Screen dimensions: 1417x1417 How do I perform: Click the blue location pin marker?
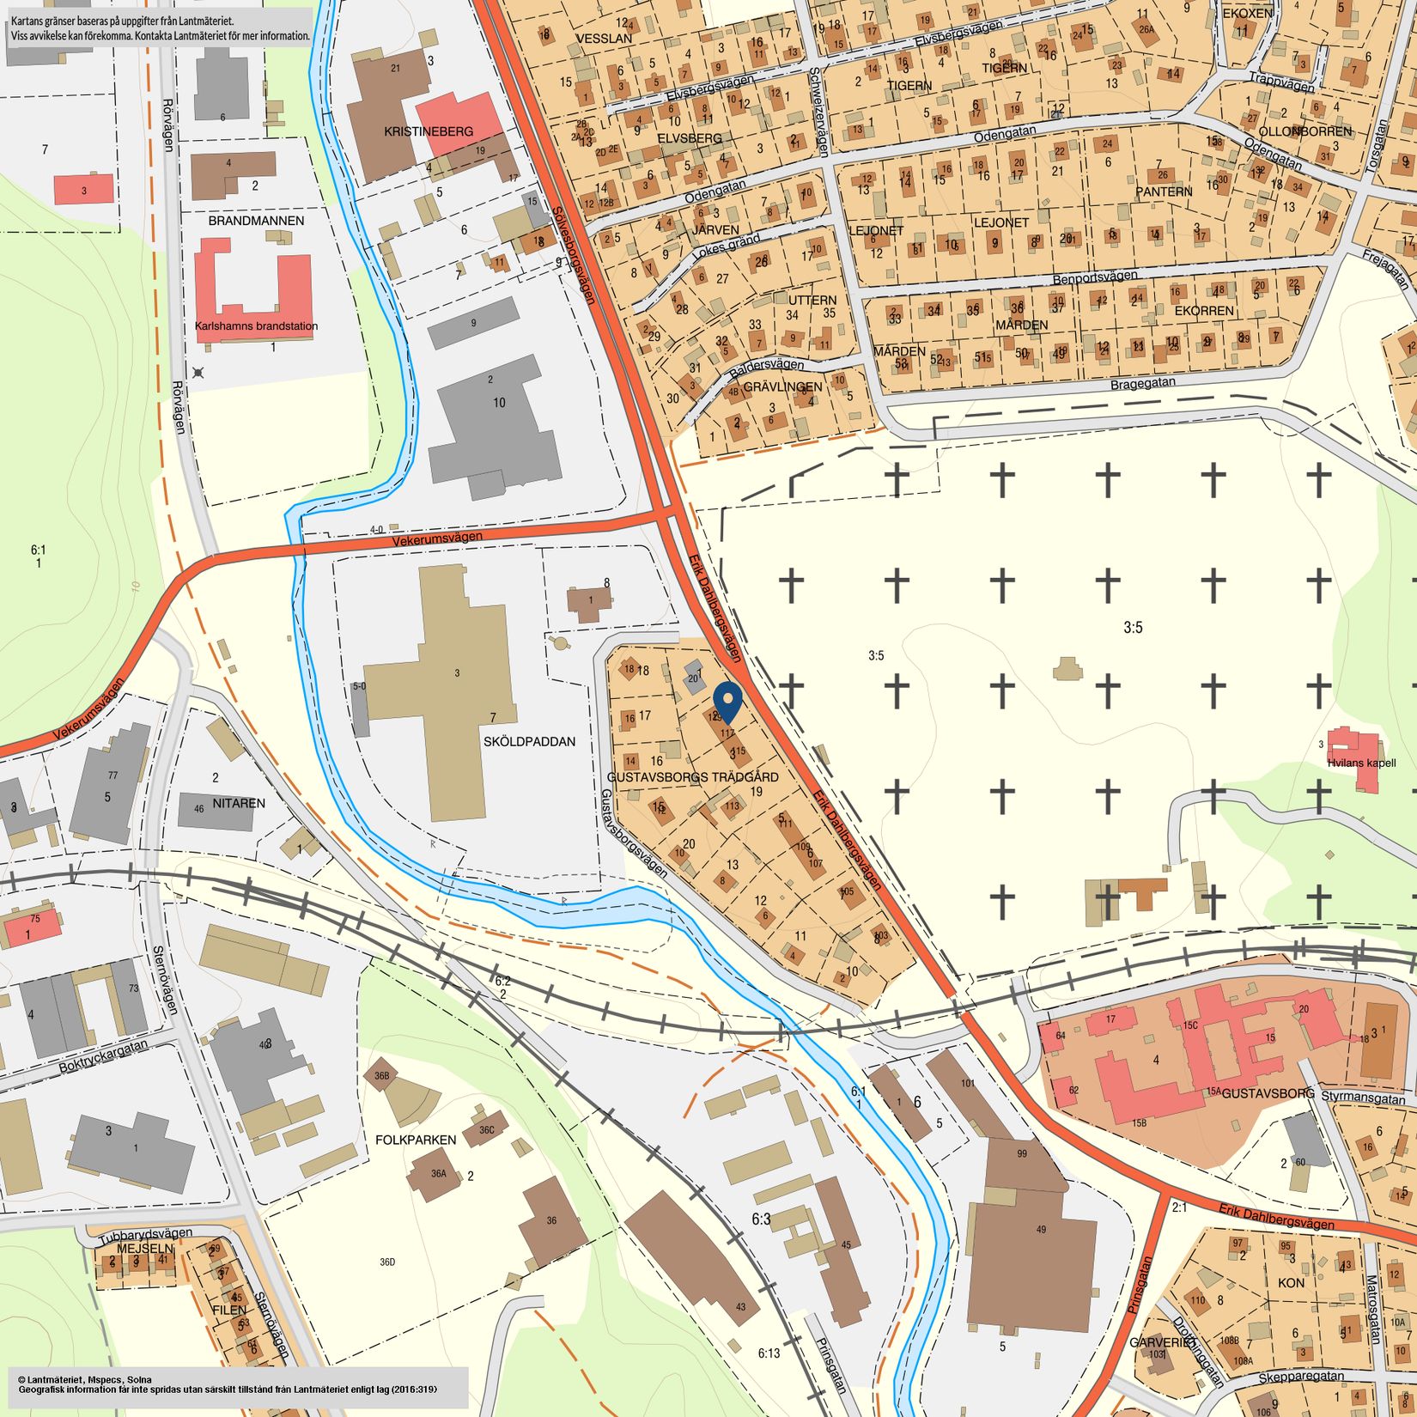coord(727,700)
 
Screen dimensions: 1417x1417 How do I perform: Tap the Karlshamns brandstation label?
coord(256,326)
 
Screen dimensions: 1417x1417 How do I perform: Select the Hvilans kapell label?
coord(1361,763)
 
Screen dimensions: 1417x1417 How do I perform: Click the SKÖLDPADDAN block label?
coord(529,741)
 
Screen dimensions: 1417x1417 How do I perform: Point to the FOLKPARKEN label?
coord(416,1140)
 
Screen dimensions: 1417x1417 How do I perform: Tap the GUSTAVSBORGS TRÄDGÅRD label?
coord(692,776)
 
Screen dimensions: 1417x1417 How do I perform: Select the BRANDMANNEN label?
coord(256,221)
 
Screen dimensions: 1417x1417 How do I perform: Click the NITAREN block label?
coord(239,804)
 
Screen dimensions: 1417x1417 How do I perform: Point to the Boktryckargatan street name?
coord(103,1057)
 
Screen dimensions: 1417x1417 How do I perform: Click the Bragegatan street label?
coord(1142,383)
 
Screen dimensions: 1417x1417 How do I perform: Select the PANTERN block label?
coord(1164,192)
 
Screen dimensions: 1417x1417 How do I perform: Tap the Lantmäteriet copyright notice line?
coord(83,1378)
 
